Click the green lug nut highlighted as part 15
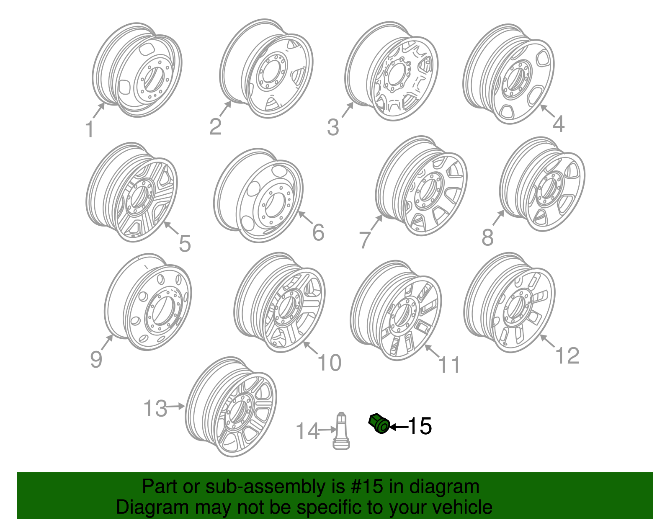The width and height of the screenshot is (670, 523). click(379, 424)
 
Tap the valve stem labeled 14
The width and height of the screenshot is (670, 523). click(341, 431)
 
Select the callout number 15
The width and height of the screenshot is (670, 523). click(419, 426)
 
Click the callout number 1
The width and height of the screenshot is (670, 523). click(89, 129)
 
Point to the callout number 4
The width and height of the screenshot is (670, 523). click(559, 124)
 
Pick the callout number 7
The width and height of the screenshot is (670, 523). click(365, 240)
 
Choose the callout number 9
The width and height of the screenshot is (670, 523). click(96, 359)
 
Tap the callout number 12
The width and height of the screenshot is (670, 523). click(567, 356)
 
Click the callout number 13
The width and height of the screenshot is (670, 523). click(155, 408)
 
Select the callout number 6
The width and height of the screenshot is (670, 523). click(318, 232)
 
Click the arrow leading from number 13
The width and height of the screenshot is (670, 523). click(176, 406)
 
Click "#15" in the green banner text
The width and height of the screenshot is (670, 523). click(365, 487)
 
